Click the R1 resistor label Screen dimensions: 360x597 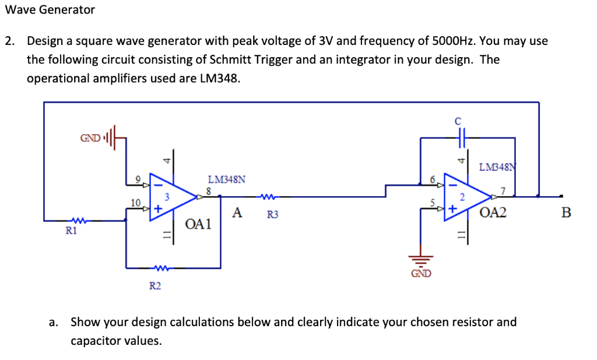pos(71,231)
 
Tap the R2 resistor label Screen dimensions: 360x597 pos(156,285)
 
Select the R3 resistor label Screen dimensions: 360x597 pos(272,215)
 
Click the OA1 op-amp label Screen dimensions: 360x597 pos(198,224)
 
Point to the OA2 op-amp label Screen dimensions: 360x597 pos(493,212)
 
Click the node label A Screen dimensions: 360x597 pos(237,213)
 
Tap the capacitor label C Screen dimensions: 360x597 pos(458,121)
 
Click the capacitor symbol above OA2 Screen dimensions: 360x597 pos(461,138)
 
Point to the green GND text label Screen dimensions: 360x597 pos(422,274)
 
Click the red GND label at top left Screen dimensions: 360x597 pos(90,138)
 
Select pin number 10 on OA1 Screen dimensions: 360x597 pos(135,202)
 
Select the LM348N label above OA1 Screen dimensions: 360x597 pos(226,180)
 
